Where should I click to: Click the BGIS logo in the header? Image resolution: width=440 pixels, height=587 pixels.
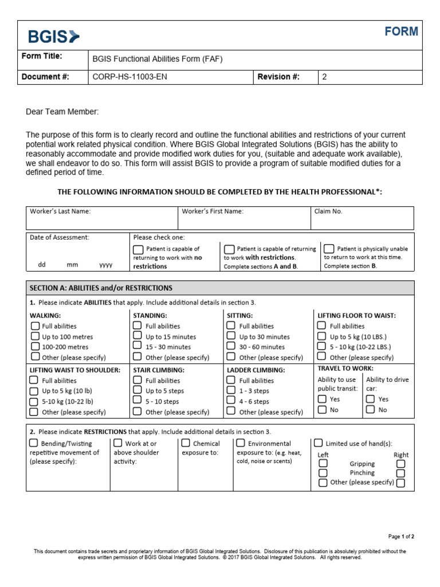[54, 37]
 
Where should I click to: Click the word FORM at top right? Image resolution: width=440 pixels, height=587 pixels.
[401, 32]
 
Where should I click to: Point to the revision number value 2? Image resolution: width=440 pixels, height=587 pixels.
[324, 77]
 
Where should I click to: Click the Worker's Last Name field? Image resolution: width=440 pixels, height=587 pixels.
[102, 218]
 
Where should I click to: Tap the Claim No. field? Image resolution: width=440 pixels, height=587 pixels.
[362, 218]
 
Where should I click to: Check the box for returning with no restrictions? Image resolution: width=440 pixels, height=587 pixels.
[138, 249]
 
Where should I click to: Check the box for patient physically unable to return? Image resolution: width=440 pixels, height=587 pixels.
[329, 249]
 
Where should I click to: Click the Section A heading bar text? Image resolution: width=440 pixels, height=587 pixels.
[101, 288]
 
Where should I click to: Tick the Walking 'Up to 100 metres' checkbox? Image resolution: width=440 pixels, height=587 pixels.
[34, 336]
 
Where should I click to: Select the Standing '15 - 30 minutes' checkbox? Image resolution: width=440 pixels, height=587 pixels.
[137, 346]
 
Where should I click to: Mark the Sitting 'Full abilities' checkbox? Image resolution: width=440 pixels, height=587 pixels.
[230, 326]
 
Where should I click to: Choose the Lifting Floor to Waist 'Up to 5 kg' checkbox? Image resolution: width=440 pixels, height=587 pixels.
[321, 336]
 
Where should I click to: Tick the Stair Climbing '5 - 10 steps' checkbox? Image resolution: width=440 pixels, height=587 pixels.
[137, 401]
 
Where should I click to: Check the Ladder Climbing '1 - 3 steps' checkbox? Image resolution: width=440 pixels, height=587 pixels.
[230, 390]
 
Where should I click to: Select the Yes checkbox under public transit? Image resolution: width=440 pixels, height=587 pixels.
[322, 399]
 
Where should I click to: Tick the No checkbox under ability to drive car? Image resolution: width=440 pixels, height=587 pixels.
[371, 409]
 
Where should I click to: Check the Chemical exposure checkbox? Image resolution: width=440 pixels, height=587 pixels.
[186, 443]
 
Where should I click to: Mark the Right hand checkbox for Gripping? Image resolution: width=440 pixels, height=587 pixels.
[400, 464]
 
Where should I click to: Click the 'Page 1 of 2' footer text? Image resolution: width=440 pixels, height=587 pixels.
[401, 537]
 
